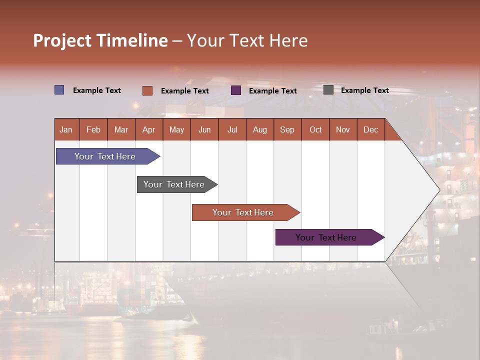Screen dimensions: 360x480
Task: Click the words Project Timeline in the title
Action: coord(100,40)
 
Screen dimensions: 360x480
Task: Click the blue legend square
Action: coord(59,90)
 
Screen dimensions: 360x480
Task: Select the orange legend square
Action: coord(147,90)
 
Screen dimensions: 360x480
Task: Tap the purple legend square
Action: coord(236,90)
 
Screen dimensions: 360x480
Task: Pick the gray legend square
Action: coord(328,90)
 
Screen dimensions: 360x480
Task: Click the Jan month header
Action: coord(66,130)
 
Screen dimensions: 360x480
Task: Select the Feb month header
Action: coord(93,130)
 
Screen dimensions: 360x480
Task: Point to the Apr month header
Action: coord(148,130)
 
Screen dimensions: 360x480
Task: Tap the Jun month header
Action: coord(204,130)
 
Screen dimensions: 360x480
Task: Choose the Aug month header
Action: coord(259,130)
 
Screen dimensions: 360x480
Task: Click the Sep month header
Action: coord(287,130)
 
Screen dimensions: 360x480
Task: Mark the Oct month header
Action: coord(315,130)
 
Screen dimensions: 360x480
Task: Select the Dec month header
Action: coord(370,130)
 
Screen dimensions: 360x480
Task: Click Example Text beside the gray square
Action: coord(364,90)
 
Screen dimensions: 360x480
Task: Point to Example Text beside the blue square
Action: coord(96,90)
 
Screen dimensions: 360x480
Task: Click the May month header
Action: coord(176,130)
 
